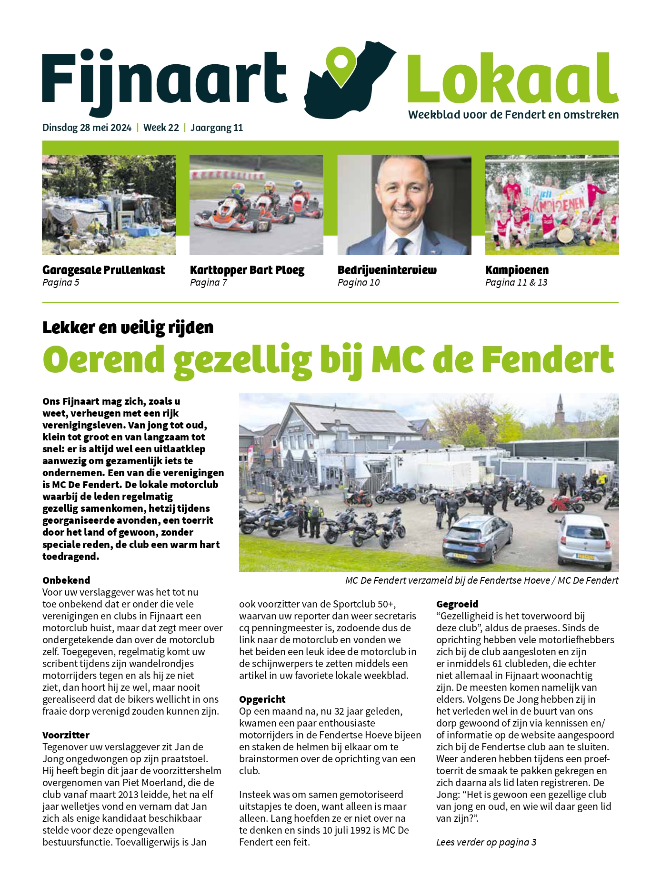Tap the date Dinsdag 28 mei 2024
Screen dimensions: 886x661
tap(87, 128)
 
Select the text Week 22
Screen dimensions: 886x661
tap(161, 128)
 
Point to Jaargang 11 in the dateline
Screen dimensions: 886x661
tap(217, 128)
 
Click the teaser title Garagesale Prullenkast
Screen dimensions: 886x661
tap(103, 270)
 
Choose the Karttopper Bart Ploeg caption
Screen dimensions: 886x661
tap(247, 270)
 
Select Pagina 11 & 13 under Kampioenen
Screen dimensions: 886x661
tap(516, 282)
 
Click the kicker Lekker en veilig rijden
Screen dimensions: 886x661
tap(128, 328)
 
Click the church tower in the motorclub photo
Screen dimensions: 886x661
tap(560, 409)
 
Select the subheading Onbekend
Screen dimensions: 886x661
tap(66, 580)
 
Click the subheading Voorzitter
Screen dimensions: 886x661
tap(66, 735)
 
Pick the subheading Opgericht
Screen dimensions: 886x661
tap(262, 699)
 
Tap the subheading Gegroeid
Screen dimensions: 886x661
tap(457, 604)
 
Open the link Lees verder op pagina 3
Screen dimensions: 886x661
tap(486, 842)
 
